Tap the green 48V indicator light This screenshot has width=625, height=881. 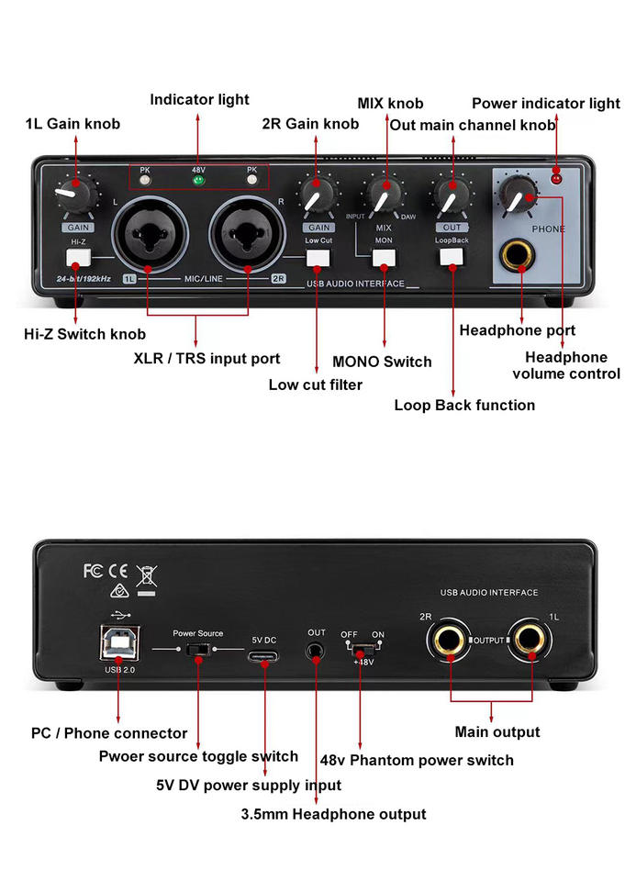[x=197, y=180]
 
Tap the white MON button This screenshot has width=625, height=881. [x=384, y=258]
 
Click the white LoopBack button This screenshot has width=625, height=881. [x=451, y=257]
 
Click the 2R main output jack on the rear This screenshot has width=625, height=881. [x=452, y=639]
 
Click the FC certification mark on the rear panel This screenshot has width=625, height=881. [x=93, y=571]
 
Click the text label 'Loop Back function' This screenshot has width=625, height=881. [x=464, y=405]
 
